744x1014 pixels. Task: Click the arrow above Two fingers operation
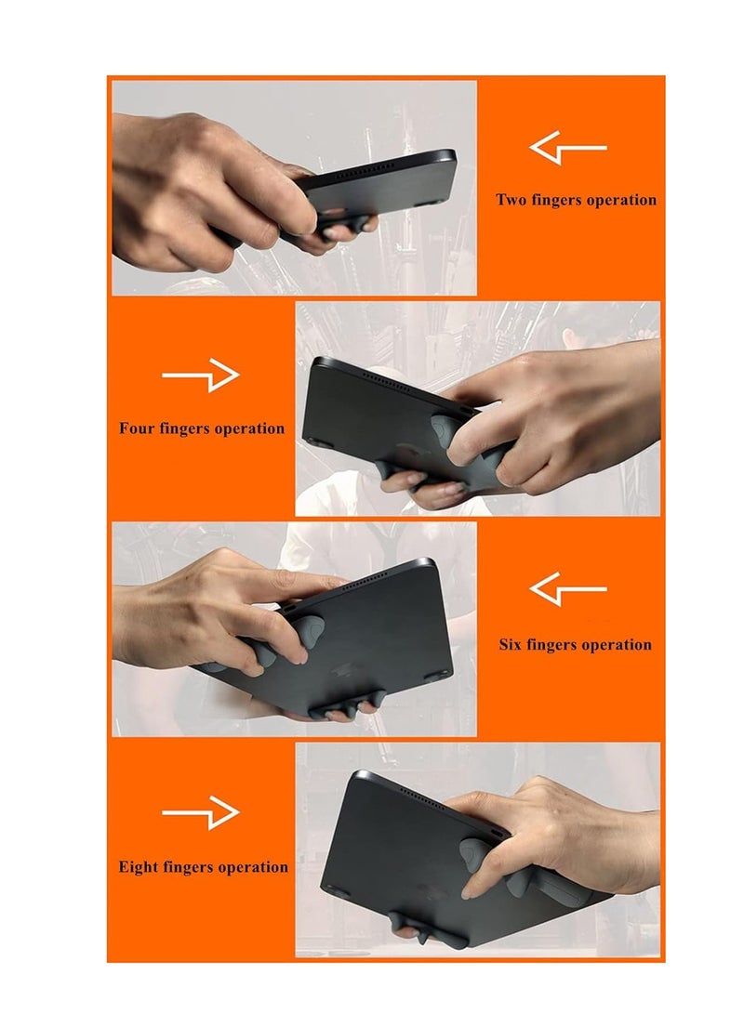tap(567, 148)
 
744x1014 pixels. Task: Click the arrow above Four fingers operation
tap(201, 375)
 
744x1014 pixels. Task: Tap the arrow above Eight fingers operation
tap(201, 812)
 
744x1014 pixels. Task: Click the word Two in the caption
tap(511, 200)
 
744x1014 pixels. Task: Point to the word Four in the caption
tap(138, 428)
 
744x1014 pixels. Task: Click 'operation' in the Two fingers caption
tap(620, 200)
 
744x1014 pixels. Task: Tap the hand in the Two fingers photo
tap(195, 191)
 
